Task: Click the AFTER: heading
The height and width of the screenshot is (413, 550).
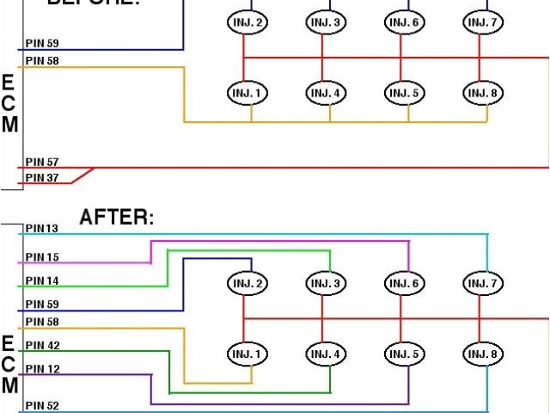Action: click(x=117, y=218)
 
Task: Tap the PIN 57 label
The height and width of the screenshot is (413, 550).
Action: click(x=42, y=162)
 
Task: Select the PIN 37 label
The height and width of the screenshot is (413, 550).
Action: click(x=42, y=178)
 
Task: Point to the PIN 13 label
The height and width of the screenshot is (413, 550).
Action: click(x=42, y=229)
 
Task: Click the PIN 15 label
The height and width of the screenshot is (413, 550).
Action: click(x=42, y=257)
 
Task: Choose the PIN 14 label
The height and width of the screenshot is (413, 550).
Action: click(x=42, y=280)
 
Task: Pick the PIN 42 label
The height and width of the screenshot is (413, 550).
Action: click(x=42, y=345)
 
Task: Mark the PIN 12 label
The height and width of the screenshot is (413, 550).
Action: click(x=42, y=369)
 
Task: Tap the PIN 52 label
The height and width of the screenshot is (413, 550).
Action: click(x=42, y=405)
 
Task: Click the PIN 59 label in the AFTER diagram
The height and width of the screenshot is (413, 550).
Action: click(x=42, y=305)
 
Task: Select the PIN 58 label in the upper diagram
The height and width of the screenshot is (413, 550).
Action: click(x=42, y=61)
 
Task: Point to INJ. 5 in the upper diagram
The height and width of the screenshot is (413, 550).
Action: click(x=401, y=93)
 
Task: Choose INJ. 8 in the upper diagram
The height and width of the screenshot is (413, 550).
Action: click(x=480, y=93)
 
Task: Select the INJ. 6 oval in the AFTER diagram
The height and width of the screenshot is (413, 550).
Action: click(x=401, y=283)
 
